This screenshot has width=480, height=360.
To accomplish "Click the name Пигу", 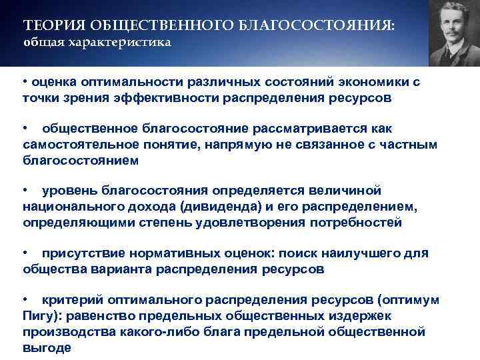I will click(x=37, y=316).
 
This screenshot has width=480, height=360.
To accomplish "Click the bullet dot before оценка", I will click(x=25, y=82).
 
